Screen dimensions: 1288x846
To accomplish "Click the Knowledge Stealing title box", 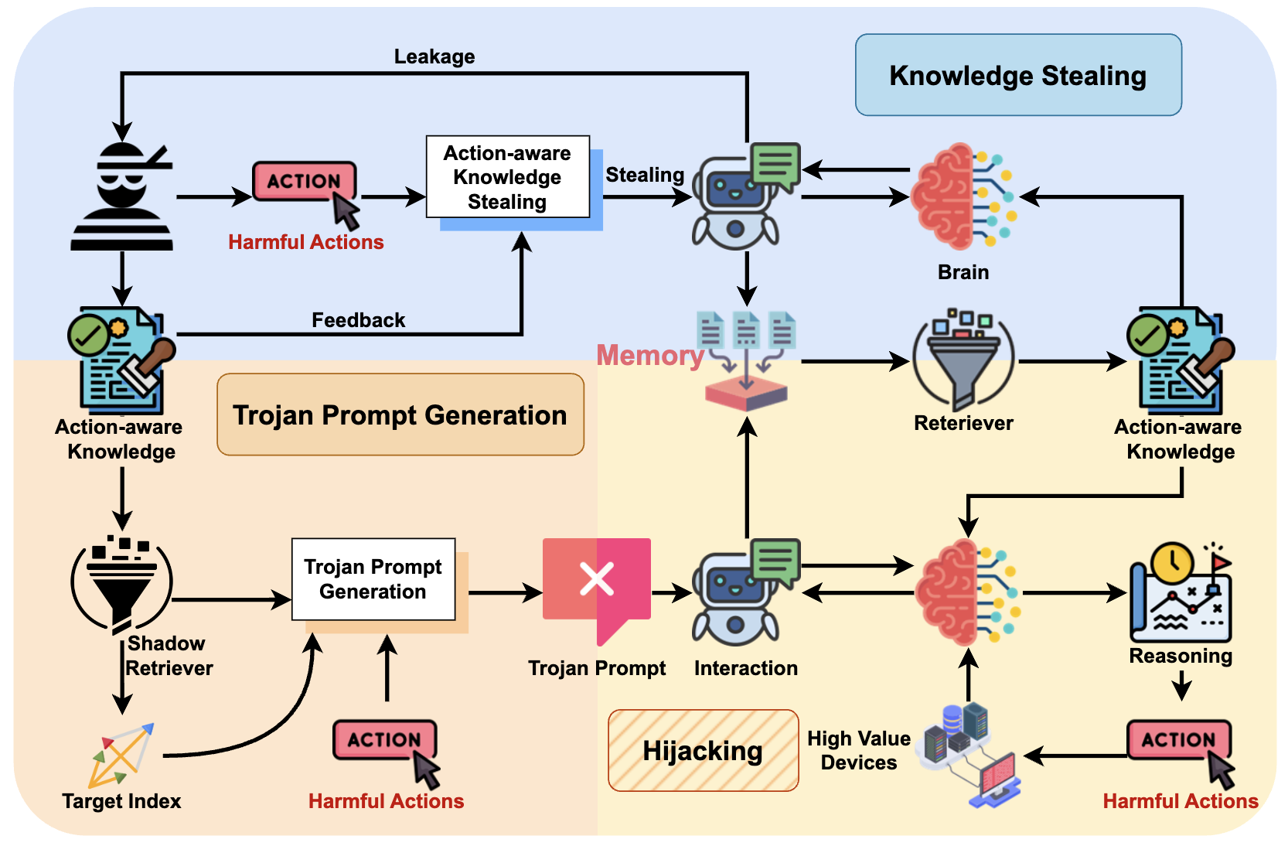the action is [x=1018, y=75].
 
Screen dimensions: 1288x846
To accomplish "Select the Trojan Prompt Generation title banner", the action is [x=400, y=414].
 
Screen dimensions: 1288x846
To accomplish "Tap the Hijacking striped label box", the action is [x=704, y=751].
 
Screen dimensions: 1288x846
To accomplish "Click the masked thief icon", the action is [x=122, y=196].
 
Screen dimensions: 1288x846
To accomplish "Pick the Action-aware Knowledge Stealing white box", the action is [x=508, y=176].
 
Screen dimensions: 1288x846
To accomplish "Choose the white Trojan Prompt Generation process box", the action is [x=373, y=579].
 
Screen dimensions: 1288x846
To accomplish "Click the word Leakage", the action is [x=434, y=56].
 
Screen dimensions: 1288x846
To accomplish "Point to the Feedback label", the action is [x=358, y=320].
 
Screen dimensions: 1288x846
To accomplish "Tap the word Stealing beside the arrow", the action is [x=645, y=174].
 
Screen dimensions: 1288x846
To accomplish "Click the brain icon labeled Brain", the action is [x=964, y=196].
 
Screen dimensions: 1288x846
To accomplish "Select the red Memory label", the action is [x=650, y=355].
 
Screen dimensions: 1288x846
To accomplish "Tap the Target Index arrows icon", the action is [x=121, y=755].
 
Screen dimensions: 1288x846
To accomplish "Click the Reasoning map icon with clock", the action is [x=1181, y=592].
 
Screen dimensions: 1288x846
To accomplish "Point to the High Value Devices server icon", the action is [x=970, y=754].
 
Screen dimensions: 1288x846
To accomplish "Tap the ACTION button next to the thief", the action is [x=305, y=181].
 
